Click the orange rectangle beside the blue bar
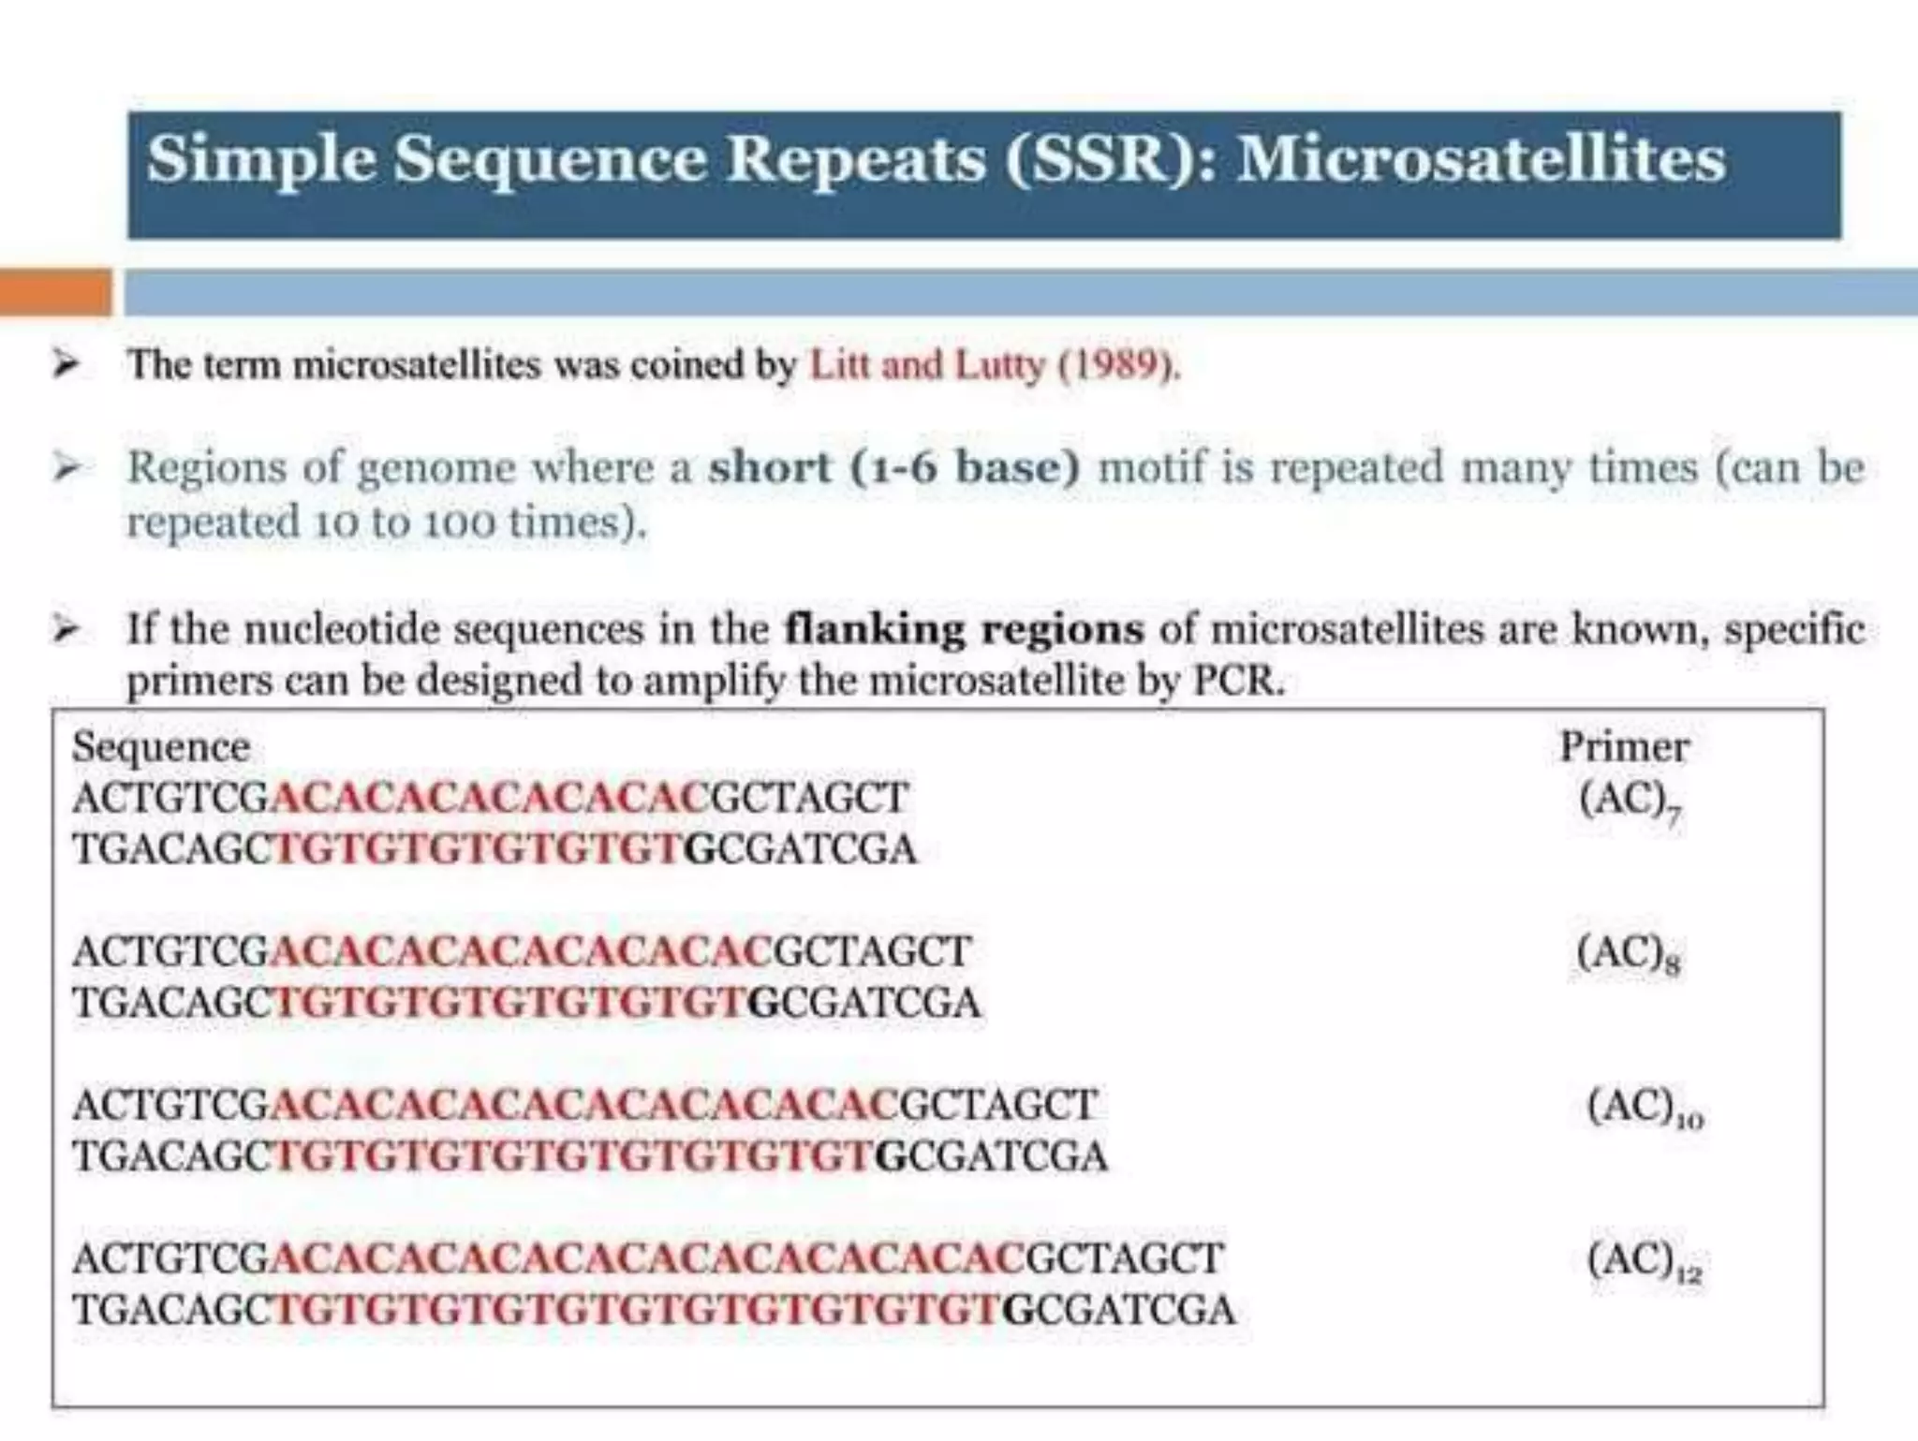click(x=55, y=291)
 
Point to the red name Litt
click(x=839, y=364)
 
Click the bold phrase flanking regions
click(x=964, y=629)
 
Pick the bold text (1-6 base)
click(x=965, y=467)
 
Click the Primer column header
click(x=1624, y=747)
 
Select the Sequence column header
click(x=161, y=747)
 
